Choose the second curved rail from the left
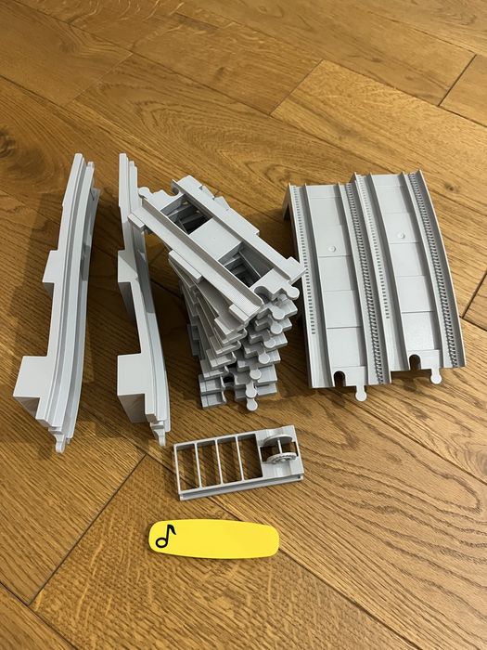click(x=139, y=306)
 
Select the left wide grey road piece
click(x=329, y=279)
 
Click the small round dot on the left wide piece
click(x=331, y=252)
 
